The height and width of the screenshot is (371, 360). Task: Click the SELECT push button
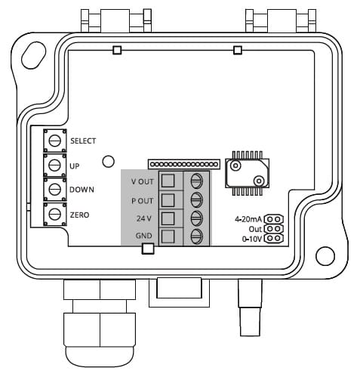[55, 141]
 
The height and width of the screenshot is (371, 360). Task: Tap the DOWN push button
[55, 190]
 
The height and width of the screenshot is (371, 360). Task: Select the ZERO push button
[55, 214]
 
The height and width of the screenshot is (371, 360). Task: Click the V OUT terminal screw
[196, 181]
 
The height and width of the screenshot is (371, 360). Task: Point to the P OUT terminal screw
[196, 199]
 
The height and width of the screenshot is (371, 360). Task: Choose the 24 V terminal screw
[196, 218]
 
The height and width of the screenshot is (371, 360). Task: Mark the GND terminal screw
[196, 237]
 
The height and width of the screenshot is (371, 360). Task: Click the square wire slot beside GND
[168, 237]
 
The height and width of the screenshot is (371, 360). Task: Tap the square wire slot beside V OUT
[168, 181]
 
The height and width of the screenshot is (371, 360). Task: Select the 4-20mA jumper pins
[274, 219]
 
